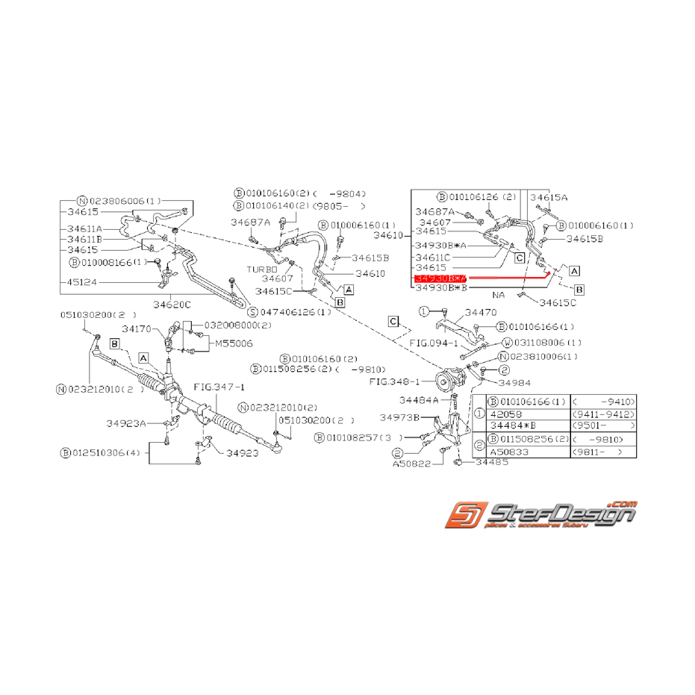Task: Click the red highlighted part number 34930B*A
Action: [x=440, y=277]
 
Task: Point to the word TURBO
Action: [x=262, y=269]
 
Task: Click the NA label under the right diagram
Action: [x=499, y=295]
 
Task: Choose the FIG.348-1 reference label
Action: [x=395, y=381]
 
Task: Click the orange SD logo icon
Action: [x=464, y=515]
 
